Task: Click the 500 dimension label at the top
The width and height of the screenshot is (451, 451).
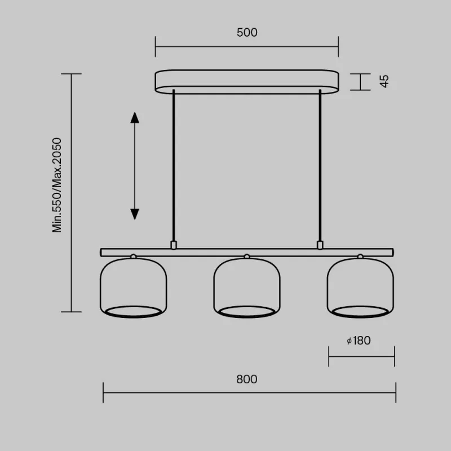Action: click(x=247, y=33)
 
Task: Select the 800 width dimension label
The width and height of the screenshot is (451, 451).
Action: click(x=247, y=379)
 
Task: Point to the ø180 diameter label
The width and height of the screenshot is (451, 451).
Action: click(x=359, y=341)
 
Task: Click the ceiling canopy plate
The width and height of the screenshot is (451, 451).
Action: click(x=247, y=81)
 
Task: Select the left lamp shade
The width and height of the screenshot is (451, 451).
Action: click(x=134, y=288)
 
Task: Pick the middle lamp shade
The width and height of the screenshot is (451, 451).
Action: click(x=247, y=288)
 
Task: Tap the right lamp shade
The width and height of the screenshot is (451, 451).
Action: click(x=360, y=288)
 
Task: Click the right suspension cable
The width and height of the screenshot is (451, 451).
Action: click(x=320, y=169)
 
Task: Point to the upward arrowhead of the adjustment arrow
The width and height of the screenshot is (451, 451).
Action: click(x=135, y=117)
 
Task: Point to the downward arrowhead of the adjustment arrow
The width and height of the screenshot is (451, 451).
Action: click(x=135, y=214)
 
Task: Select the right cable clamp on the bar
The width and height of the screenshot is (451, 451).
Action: click(x=320, y=245)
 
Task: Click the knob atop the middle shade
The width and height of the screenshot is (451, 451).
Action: click(x=246, y=257)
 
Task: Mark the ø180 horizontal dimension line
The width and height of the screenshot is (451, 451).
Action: click(x=361, y=356)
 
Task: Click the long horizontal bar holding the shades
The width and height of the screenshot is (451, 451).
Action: click(x=225, y=252)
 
